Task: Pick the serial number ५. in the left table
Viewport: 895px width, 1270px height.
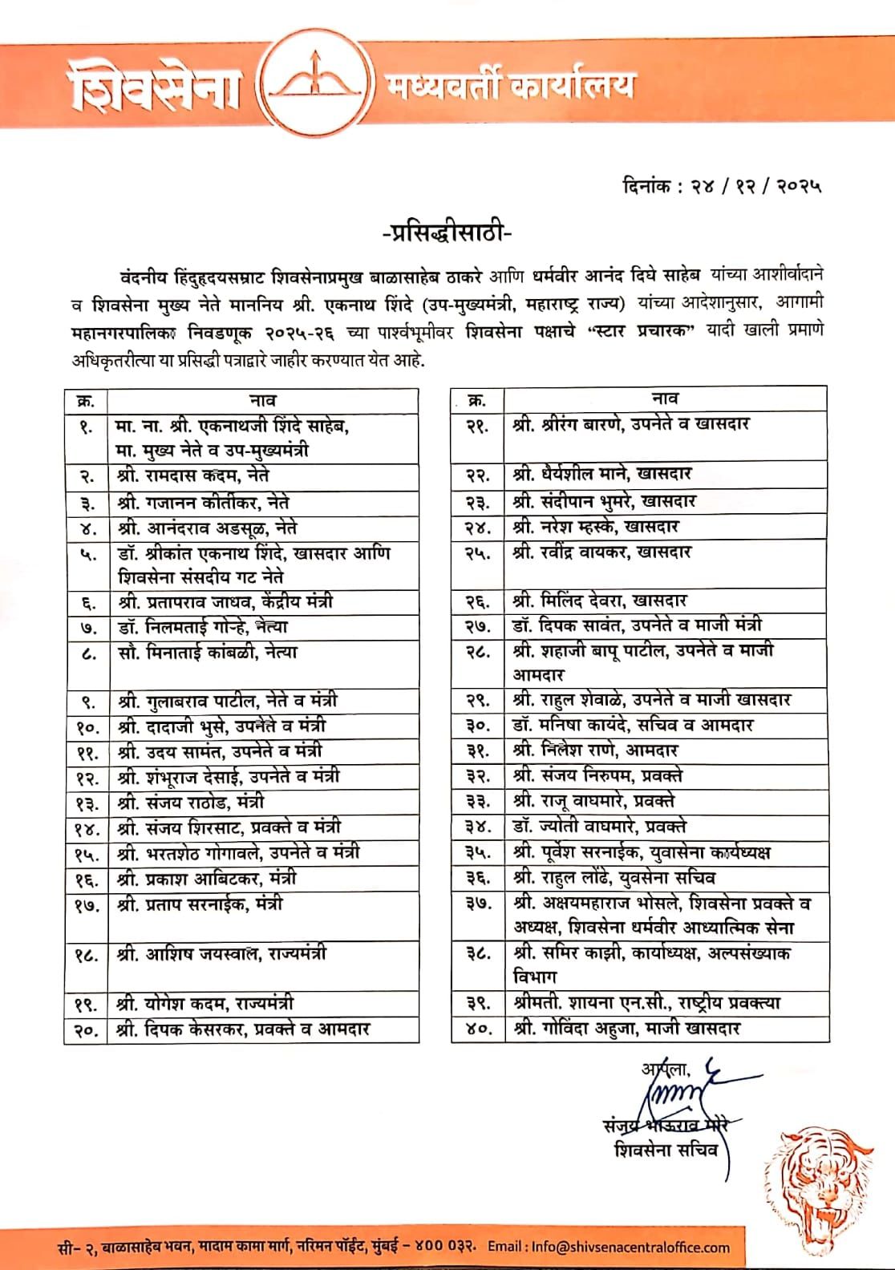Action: coord(87,555)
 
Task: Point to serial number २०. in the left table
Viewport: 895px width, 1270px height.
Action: coord(87,1029)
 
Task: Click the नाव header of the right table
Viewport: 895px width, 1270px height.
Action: coord(665,398)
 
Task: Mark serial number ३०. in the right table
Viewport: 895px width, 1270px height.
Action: coord(478,726)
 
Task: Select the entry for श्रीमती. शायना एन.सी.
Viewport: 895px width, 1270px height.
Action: coord(646,1003)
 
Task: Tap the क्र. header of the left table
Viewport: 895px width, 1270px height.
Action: coord(86,399)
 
